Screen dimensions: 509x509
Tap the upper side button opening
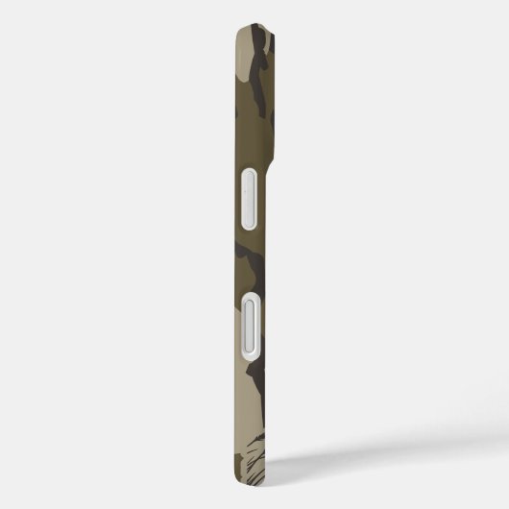[x=248, y=198]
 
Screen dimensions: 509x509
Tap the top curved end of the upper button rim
[x=248, y=169]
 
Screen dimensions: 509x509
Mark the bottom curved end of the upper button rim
[x=248, y=227]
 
